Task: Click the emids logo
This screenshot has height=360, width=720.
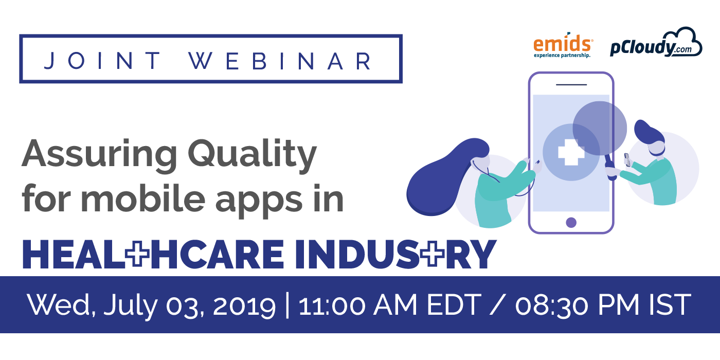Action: click(x=563, y=45)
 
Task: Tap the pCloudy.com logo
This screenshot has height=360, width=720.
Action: click(x=656, y=42)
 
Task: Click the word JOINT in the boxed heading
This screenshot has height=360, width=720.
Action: click(x=102, y=61)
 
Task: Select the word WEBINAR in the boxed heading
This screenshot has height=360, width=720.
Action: click(x=279, y=61)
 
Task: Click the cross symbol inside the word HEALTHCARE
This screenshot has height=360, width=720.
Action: click(x=137, y=254)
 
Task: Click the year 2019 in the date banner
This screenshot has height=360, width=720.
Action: click(x=244, y=305)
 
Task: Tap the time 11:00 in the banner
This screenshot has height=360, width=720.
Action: click(x=331, y=305)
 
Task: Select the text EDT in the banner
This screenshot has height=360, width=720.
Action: click(x=454, y=304)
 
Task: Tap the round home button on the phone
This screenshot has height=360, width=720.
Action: click(x=571, y=222)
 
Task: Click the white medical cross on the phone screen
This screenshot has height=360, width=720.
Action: click(x=571, y=152)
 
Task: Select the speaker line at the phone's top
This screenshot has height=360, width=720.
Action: click(x=571, y=85)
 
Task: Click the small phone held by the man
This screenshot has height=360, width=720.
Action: click(x=627, y=160)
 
